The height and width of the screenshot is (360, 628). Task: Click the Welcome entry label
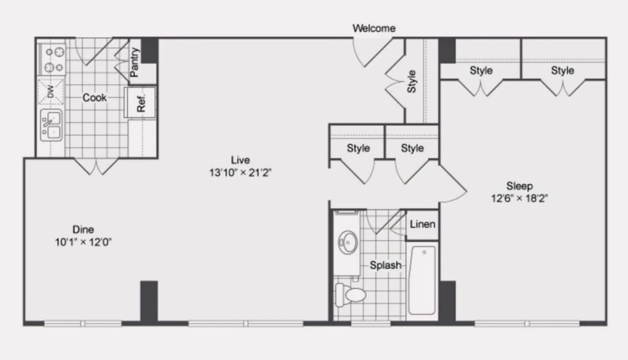tap(374, 28)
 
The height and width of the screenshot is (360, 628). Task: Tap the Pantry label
tap(134, 62)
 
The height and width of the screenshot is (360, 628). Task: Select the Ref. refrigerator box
tap(140, 103)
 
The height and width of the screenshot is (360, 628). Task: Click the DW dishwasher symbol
tap(50, 92)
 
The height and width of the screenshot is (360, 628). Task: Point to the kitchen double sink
tap(51, 125)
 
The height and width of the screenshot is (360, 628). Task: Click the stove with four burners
tap(52, 60)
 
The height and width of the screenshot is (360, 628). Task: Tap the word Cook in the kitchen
tap(95, 97)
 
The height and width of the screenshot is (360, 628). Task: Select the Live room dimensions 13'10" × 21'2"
tap(240, 172)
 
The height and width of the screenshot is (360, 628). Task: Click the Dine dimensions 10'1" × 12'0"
tap(83, 242)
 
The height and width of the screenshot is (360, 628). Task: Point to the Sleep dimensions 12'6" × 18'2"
tap(520, 198)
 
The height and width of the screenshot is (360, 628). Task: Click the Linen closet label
tap(422, 224)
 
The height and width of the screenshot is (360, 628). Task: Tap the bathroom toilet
tap(351, 295)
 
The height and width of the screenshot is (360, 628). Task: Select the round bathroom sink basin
tap(348, 242)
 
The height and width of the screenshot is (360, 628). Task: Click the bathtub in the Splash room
tap(422, 280)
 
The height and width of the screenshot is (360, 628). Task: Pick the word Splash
tap(386, 265)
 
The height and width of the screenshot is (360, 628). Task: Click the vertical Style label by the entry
tap(411, 81)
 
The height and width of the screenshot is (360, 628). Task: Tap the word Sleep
tap(520, 186)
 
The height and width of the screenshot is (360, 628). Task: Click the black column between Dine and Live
tap(149, 301)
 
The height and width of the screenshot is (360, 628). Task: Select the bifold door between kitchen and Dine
tap(96, 167)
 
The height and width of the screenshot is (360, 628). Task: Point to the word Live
tap(240, 160)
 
